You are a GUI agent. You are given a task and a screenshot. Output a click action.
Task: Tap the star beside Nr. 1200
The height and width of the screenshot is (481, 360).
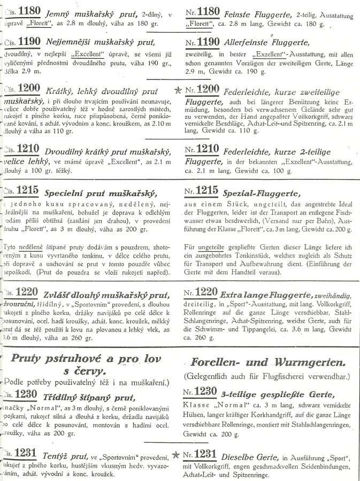[x=178, y=89]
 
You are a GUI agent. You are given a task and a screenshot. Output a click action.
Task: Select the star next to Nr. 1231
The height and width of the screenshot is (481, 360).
[x=176, y=455]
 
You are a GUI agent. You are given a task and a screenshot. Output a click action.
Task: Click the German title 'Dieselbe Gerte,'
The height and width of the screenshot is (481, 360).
[x=248, y=456]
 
